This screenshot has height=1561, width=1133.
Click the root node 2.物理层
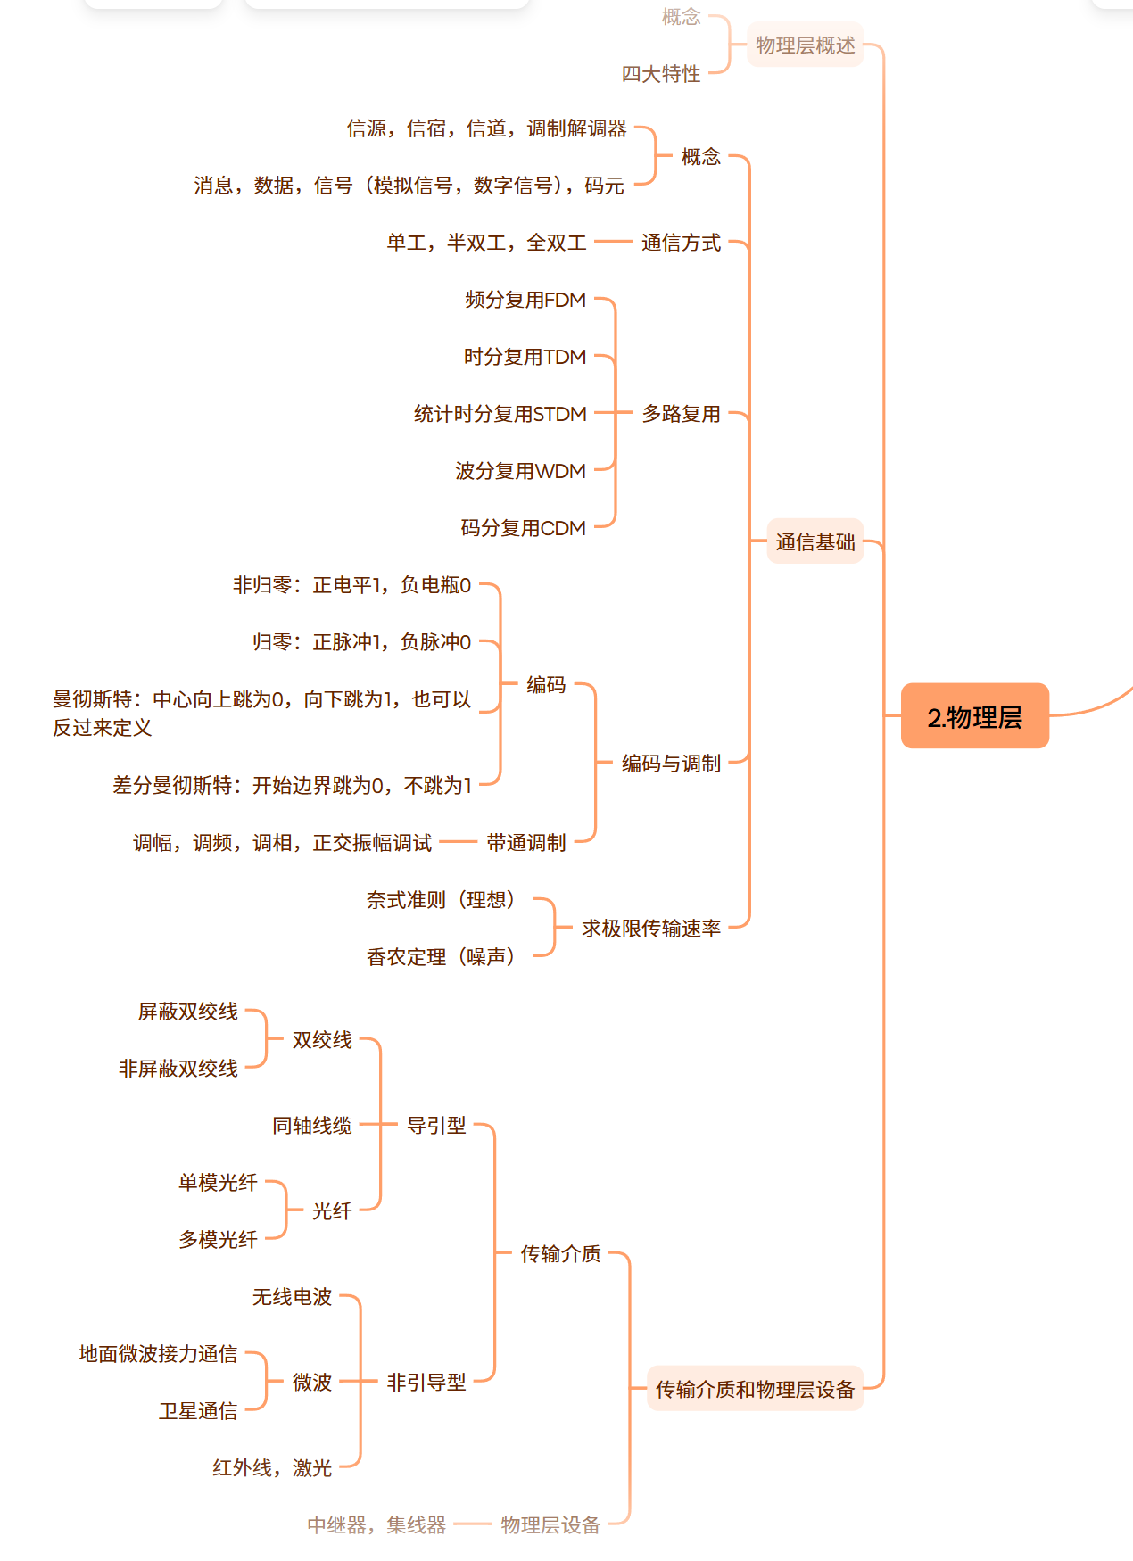975,716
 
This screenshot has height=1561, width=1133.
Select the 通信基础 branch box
815,541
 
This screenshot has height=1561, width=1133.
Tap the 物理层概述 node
806,45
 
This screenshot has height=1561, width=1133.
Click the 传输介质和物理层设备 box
756,1389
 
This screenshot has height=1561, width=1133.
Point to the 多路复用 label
682,414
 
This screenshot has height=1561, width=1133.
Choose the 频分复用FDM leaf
525,300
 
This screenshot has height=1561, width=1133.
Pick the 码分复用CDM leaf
524,528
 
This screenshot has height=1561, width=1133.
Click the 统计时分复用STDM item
500,414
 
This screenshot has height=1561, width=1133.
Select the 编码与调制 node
672,764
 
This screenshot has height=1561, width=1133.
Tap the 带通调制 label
526,843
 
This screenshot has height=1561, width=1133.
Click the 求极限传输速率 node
651,929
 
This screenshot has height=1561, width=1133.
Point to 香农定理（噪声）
441,957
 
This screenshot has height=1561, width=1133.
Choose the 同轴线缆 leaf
312,1126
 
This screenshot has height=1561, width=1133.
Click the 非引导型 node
426,1383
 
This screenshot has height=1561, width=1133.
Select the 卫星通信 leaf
198,1411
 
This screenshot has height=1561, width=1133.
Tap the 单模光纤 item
218,1183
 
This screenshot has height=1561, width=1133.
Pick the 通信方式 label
682,243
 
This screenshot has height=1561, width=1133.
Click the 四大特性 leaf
661,74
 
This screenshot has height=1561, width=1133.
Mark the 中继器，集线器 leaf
376,1525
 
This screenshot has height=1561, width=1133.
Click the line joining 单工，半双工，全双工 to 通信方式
613,242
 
